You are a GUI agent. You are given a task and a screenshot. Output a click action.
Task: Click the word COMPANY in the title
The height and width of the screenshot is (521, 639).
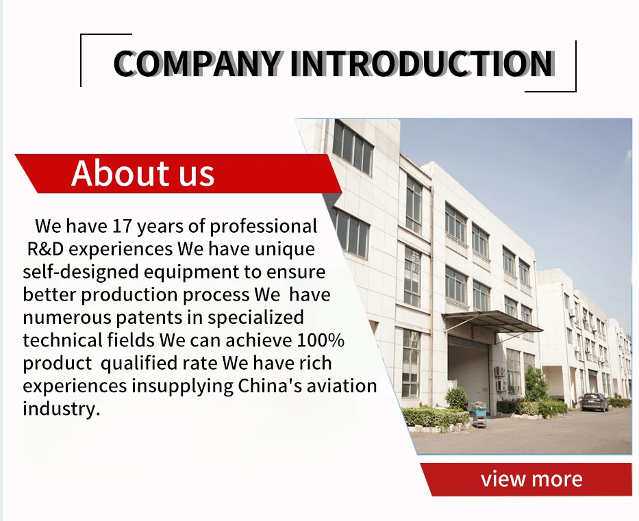coord(197,64)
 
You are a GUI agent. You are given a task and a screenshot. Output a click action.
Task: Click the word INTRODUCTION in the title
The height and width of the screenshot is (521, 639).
coord(422,64)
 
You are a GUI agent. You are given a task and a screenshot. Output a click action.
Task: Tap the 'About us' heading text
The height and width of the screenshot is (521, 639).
coord(142,173)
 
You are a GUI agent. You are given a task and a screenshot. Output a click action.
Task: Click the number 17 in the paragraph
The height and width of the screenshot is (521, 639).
coord(123,226)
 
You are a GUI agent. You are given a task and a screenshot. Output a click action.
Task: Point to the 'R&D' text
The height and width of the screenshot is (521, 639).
coord(45,249)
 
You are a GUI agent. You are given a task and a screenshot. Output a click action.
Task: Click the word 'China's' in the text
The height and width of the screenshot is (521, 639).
coord(270,385)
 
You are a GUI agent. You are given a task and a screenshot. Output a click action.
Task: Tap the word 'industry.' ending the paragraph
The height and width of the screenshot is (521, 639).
coord(61,409)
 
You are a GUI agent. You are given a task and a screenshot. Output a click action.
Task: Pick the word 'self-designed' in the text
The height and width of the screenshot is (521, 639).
coord(81,272)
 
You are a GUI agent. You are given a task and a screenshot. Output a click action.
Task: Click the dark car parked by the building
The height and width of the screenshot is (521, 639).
coord(594,402)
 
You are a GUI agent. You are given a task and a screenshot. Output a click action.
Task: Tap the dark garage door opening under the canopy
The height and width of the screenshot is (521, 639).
coord(469,372)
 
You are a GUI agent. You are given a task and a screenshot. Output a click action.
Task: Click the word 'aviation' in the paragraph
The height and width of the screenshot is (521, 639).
coord(342,385)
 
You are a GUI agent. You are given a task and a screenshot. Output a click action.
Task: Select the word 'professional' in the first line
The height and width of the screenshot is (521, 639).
coord(263,227)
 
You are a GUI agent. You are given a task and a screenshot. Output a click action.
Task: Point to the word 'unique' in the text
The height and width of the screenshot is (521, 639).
coord(284,250)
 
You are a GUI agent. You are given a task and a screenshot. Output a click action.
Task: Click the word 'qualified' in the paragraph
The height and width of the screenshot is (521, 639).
coord(139,364)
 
